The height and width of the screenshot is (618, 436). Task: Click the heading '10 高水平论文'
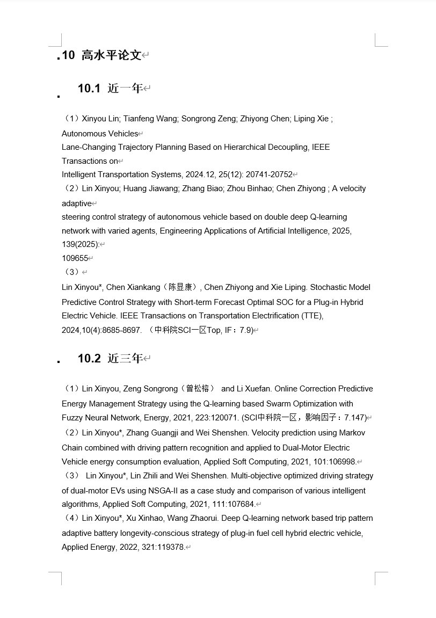[101, 55]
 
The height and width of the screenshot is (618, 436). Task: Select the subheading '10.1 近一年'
[110, 88]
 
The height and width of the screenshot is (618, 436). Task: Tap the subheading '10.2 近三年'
[110, 358]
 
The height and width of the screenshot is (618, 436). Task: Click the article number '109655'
[75, 258]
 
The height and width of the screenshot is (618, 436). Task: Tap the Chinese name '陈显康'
[183, 287]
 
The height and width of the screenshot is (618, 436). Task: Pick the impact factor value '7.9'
[245, 330]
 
